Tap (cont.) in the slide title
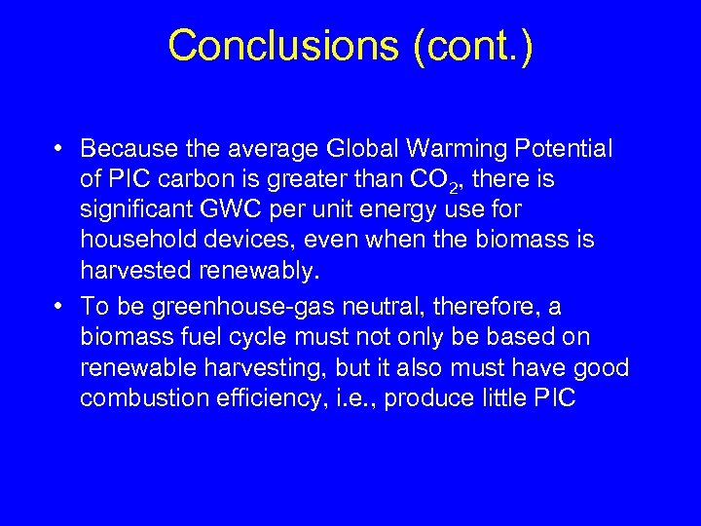tap(473, 46)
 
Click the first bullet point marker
tap(60, 149)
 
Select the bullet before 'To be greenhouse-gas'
tap(60, 307)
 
